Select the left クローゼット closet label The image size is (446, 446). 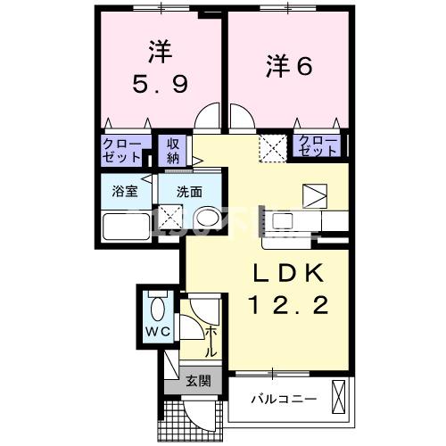[x=120, y=149]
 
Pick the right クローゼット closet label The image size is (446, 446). [x=318, y=145]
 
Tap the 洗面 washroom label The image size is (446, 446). [x=187, y=190]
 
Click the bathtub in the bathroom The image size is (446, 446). [x=124, y=227]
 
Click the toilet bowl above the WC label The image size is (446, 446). [x=158, y=308]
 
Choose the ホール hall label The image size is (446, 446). [x=211, y=342]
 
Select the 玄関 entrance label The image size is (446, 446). [x=198, y=382]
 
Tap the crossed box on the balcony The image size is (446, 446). [x=339, y=395]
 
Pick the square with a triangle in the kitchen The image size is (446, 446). [x=315, y=195]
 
